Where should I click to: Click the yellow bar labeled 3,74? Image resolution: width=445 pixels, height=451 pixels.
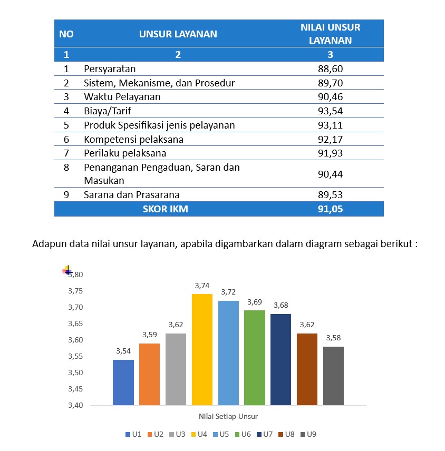202,349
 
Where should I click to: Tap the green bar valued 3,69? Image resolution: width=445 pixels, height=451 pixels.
254,357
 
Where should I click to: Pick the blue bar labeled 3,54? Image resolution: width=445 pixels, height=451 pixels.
123,382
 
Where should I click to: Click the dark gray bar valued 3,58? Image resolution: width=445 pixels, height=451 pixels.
333,376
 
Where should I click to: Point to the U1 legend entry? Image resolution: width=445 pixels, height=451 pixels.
133,434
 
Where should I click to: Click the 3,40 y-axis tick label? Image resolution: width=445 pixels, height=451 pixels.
75,405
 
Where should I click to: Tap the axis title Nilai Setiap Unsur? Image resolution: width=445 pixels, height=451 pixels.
228,416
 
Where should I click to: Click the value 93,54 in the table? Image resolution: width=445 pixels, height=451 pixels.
331,111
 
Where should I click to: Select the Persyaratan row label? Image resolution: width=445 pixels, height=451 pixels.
110,69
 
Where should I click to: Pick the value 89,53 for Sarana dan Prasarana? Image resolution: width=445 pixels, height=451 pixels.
331,194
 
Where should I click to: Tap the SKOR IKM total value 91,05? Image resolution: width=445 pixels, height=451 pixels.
331,209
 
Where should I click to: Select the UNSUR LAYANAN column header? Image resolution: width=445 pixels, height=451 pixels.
178,34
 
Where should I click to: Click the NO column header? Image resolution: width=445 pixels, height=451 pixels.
66,34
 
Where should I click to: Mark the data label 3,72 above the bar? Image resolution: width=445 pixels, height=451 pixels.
228,292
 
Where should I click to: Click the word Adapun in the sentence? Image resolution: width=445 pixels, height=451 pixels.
47,244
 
